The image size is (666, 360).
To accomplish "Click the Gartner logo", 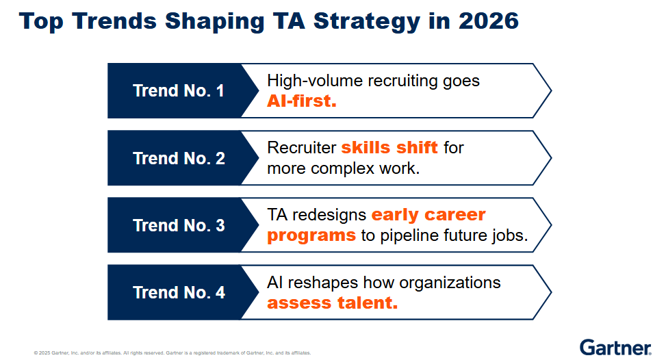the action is click(x=615, y=347).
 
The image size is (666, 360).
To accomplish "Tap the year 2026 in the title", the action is click(x=489, y=21).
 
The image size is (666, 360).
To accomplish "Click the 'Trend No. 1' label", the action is click(x=179, y=90).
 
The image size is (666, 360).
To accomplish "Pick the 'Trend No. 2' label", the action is click(x=179, y=158).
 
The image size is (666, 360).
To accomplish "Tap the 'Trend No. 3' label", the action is click(x=179, y=225).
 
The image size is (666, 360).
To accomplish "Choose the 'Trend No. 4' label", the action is click(x=179, y=292).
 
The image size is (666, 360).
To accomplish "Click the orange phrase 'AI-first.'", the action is click(x=302, y=101).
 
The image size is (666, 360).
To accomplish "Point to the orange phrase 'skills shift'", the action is click(x=389, y=147).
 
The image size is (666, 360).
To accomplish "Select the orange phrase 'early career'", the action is click(x=428, y=215).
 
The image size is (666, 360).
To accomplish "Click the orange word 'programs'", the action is click(x=311, y=235).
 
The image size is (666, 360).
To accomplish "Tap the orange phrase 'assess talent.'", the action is click(x=333, y=303).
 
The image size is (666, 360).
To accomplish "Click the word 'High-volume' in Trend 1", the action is click(x=315, y=81).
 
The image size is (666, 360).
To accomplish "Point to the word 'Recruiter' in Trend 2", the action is click(x=302, y=148).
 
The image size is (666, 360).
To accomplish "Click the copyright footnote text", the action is click(x=172, y=352).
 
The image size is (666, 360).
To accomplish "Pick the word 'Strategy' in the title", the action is click(x=367, y=21).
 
